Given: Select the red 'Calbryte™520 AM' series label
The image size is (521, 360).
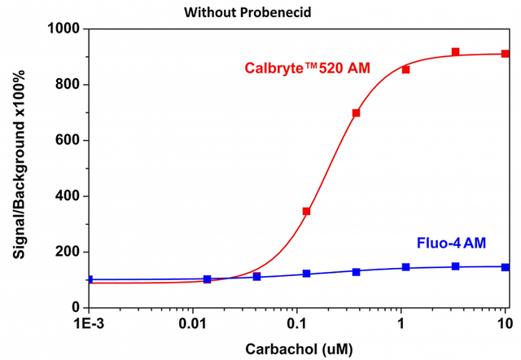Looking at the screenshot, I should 308,68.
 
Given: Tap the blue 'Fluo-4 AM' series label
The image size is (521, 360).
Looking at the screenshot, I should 452,243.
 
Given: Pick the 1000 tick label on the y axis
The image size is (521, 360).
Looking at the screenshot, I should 63,29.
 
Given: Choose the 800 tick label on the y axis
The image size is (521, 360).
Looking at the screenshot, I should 66,85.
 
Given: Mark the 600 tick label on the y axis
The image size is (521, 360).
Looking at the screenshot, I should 66,140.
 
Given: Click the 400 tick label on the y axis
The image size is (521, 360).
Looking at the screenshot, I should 66,196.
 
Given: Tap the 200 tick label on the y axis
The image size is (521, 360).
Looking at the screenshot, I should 66,252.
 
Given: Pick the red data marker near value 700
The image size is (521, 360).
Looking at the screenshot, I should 356,113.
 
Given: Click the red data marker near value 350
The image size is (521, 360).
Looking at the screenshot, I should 306,211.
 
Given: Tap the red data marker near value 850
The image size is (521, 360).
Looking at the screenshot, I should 405,69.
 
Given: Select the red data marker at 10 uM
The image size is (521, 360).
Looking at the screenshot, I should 505,54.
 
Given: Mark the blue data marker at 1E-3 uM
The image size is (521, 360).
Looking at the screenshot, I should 90,279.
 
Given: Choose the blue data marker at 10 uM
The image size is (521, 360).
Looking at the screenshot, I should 505,267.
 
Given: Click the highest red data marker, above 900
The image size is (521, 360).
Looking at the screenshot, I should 455,52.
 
